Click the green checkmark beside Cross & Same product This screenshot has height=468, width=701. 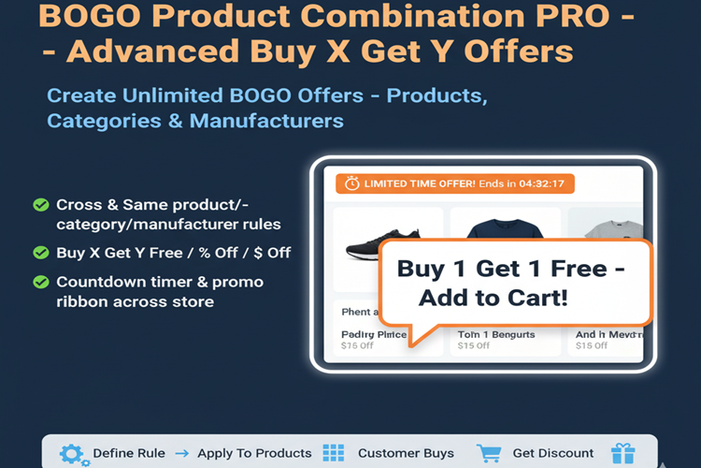[x=41, y=205]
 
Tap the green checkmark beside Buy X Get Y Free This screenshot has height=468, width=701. [x=41, y=252]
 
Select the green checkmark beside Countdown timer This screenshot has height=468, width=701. [x=41, y=282]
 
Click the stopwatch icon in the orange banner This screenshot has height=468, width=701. [x=351, y=183]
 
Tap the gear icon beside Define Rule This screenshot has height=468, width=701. [x=71, y=454]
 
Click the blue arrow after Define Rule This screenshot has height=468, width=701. [x=181, y=454]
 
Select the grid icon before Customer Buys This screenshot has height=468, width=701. [x=334, y=454]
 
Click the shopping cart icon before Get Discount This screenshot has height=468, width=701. [x=489, y=454]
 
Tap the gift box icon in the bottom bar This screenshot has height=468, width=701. [x=622, y=454]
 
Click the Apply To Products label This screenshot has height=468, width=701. [x=254, y=454]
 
